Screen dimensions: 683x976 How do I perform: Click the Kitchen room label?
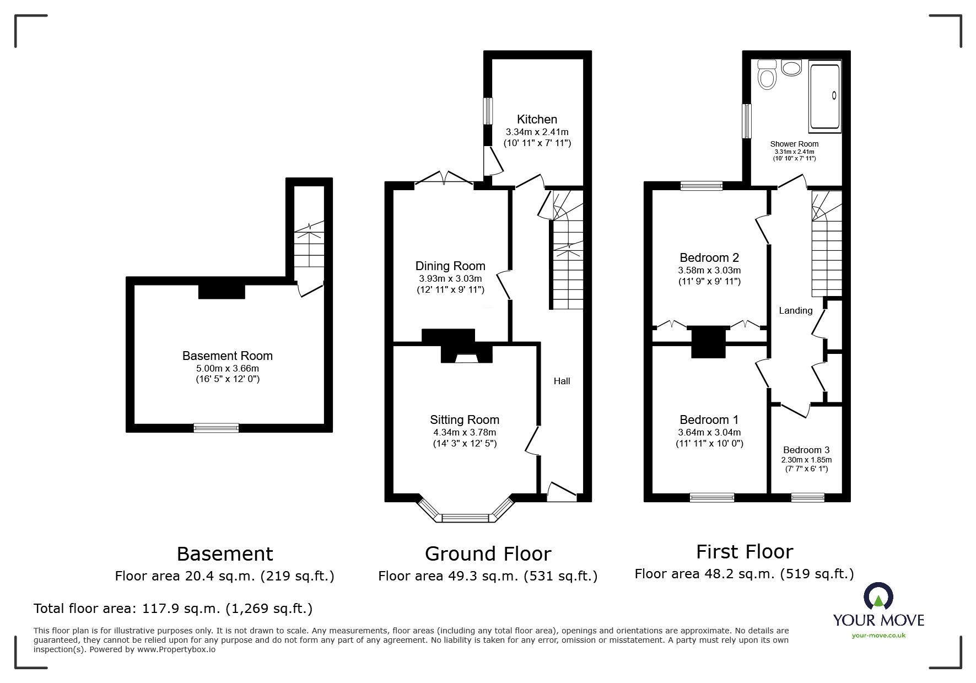click(537, 119)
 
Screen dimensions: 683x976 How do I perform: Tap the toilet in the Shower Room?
click(767, 75)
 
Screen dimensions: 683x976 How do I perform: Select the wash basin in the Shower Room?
click(792, 69)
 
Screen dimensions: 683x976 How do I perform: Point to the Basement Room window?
click(216, 428)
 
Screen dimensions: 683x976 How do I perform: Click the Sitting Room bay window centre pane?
click(466, 518)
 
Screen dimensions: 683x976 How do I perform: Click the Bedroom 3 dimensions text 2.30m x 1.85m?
click(806, 460)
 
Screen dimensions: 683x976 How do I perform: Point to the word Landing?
click(795, 310)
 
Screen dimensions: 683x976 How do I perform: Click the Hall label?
click(562, 381)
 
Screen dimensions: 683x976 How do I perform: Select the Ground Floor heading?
click(488, 553)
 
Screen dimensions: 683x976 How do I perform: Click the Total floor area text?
click(173, 609)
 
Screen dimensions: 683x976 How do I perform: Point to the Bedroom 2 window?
click(701, 186)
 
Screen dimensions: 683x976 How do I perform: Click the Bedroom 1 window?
click(711, 497)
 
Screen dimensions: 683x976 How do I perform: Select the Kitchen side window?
click(488, 111)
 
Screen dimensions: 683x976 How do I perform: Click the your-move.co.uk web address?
click(878, 636)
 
